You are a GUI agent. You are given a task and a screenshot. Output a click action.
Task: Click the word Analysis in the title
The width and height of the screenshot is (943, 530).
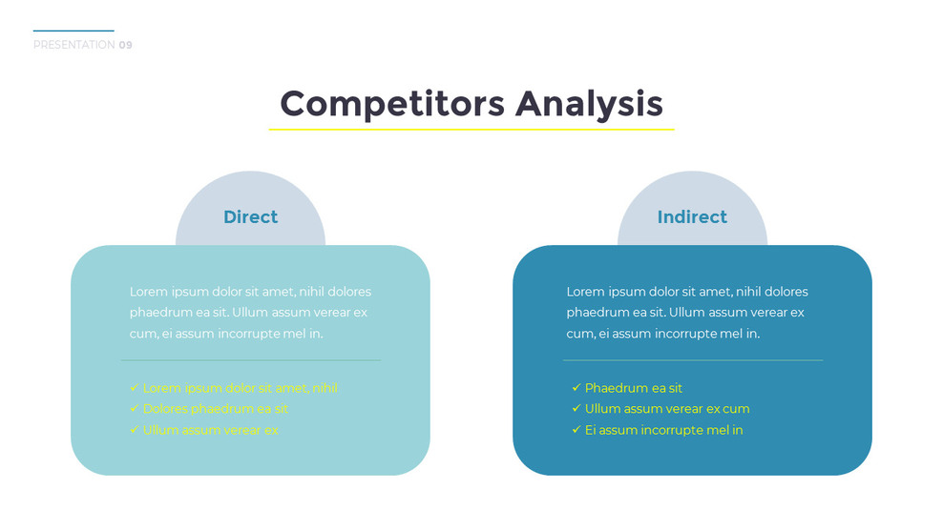pyautogui.click(x=589, y=104)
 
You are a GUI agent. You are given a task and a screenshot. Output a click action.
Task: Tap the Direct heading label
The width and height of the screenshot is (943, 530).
pyautogui.click(x=250, y=217)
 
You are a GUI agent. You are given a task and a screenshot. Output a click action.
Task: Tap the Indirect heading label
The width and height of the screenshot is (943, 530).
pyautogui.click(x=692, y=217)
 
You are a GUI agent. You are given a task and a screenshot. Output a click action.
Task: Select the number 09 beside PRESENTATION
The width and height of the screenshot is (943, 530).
pyautogui.click(x=126, y=45)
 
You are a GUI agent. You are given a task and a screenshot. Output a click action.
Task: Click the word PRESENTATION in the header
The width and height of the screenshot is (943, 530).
pyautogui.click(x=73, y=45)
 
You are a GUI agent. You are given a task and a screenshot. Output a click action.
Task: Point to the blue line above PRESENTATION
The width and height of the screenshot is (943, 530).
pyautogui.click(x=73, y=31)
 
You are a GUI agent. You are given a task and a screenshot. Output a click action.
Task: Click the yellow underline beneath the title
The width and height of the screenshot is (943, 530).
pyautogui.click(x=471, y=129)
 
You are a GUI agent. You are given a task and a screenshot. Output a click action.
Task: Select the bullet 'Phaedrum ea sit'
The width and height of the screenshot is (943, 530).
pyautogui.click(x=633, y=388)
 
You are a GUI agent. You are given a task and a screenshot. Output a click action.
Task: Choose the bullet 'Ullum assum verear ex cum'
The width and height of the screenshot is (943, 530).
pyautogui.click(x=667, y=409)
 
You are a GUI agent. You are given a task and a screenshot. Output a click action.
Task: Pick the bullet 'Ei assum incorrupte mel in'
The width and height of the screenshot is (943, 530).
pyautogui.click(x=663, y=430)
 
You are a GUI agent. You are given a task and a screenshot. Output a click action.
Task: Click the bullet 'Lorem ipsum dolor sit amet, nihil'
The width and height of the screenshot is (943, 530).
pyautogui.click(x=240, y=388)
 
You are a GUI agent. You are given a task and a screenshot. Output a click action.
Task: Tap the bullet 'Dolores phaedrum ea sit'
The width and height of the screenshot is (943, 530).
pyautogui.click(x=215, y=409)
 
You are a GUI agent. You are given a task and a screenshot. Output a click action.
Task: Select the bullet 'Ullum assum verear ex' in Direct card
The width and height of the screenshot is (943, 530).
pyautogui.click(x=210, y=430)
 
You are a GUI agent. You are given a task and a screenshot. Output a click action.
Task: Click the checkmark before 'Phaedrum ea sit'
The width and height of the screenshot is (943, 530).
pyautogui.click(x=576, y=388)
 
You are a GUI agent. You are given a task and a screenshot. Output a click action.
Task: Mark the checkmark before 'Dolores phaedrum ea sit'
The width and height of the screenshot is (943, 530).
pyautogui.click(x=134, y=409)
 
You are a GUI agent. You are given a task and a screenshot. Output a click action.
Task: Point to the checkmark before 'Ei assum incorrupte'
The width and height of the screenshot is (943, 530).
pyautogui.click(x=576, y=430)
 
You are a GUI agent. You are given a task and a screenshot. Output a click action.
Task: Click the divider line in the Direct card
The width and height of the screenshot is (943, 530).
pyautogui.click(x=250, y=360)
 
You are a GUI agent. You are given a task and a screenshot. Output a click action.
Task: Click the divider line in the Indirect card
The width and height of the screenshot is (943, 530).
pyautogui.click(x=692, y=360)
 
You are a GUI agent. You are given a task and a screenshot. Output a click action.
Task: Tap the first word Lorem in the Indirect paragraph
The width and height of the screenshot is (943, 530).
pyautogui.click(x=585, y=292)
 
